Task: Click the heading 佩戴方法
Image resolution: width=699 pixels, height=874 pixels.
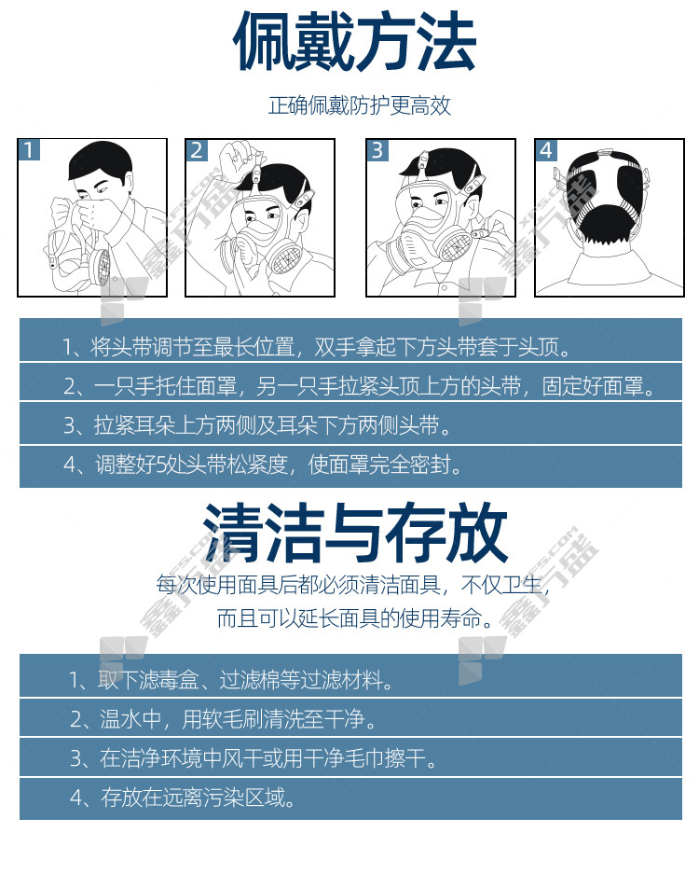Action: click(x=354, y=41)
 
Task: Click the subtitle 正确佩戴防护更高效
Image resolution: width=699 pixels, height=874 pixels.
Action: click(x=359, y=105)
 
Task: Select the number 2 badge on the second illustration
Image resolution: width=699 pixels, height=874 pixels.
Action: click(x=198, y=150)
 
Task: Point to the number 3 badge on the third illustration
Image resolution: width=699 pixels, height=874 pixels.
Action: click(x=377, y=150)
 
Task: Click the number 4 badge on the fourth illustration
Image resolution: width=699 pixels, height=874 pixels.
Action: click(x=546, y=150)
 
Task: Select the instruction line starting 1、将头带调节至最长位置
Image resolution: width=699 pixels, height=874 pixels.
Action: click(x=318, y=347)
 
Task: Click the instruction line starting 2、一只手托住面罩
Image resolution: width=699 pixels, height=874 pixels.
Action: click(x=360, y=386)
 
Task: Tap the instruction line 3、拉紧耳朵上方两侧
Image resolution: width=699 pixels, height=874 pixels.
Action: click(x=257, y=425)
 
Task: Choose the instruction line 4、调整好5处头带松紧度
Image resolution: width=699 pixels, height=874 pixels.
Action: click(x=263, y=465)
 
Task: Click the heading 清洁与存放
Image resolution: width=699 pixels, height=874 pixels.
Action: click(x=355, y=533)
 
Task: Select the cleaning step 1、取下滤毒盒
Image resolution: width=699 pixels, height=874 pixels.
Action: click(x=231, y=679)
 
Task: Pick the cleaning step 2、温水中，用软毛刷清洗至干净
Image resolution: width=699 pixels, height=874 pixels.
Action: click(x=223, y=719)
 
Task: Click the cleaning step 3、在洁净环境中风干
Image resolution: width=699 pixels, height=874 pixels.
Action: click(x=254, y=758)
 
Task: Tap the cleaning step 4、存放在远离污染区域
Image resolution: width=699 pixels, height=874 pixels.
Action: click(x=183, y=798)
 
